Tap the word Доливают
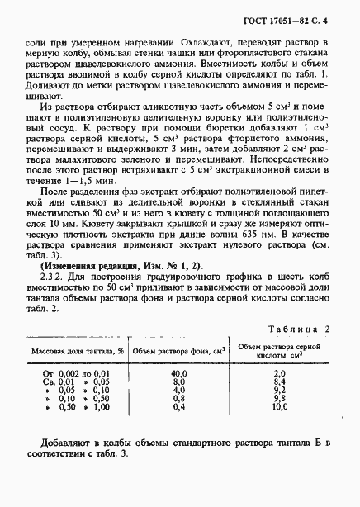pos(50,84)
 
